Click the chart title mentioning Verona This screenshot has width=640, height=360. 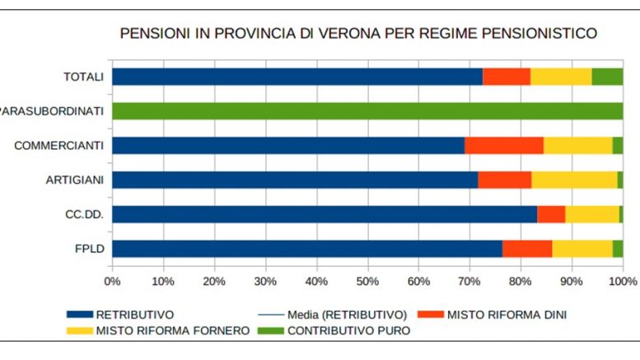click(358, 34)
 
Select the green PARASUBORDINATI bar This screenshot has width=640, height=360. click(367, 111)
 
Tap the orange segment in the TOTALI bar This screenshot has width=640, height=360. click(506, 77)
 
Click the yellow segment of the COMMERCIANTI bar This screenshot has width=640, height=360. click(577, 146)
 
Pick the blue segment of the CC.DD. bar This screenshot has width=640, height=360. click(325, 214)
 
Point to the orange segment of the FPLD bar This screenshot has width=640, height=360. click(527, 249)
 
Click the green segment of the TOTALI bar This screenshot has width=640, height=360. click(607, 77)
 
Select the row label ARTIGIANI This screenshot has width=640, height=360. click(74, 180)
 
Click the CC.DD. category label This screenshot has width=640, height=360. click(84, 214)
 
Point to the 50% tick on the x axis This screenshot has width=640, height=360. click(367, 281)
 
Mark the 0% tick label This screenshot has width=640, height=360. click(112, 281)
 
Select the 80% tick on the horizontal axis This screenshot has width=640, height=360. click(521, 281)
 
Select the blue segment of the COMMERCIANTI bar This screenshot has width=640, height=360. click(288, 146)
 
